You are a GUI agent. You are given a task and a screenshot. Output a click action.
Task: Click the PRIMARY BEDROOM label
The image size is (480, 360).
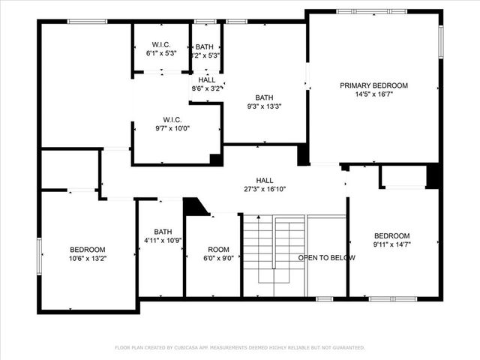(x=373, y=85)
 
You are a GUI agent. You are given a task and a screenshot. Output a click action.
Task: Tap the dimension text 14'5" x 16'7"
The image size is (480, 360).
(x=373, y=95)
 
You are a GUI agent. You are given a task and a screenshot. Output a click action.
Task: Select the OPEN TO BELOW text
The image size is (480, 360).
(x=326, y=258)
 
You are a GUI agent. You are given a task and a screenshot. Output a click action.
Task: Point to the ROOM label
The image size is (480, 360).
(x=218, y=249)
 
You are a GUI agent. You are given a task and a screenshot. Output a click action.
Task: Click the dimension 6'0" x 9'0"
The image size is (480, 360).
(x=218, y=259)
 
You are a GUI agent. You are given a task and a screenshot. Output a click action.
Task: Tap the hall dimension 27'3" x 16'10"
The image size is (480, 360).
(x=265, y=190)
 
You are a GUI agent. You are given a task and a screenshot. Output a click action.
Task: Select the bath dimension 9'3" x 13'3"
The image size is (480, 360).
(x=264, y=106)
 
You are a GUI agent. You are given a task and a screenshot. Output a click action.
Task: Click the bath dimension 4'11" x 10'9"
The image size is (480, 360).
(x=163, y=241)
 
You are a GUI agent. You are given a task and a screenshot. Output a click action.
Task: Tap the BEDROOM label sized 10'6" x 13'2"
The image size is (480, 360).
(x=88, y=249)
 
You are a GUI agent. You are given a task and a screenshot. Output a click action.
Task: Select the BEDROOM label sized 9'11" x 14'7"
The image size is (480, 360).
(x=392, y=235)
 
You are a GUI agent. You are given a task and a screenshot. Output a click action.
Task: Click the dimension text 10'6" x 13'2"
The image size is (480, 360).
(x=88, y=259)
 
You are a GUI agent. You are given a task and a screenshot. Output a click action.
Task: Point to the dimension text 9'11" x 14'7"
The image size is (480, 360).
(x=392, y=244)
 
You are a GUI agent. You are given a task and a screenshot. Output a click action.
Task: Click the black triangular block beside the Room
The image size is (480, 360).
(x=194, y=206)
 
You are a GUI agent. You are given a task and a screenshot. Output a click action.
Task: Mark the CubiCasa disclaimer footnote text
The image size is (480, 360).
(x=240, y=347)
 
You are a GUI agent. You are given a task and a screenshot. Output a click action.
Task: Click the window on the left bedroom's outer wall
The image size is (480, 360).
(x=40, y=256)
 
